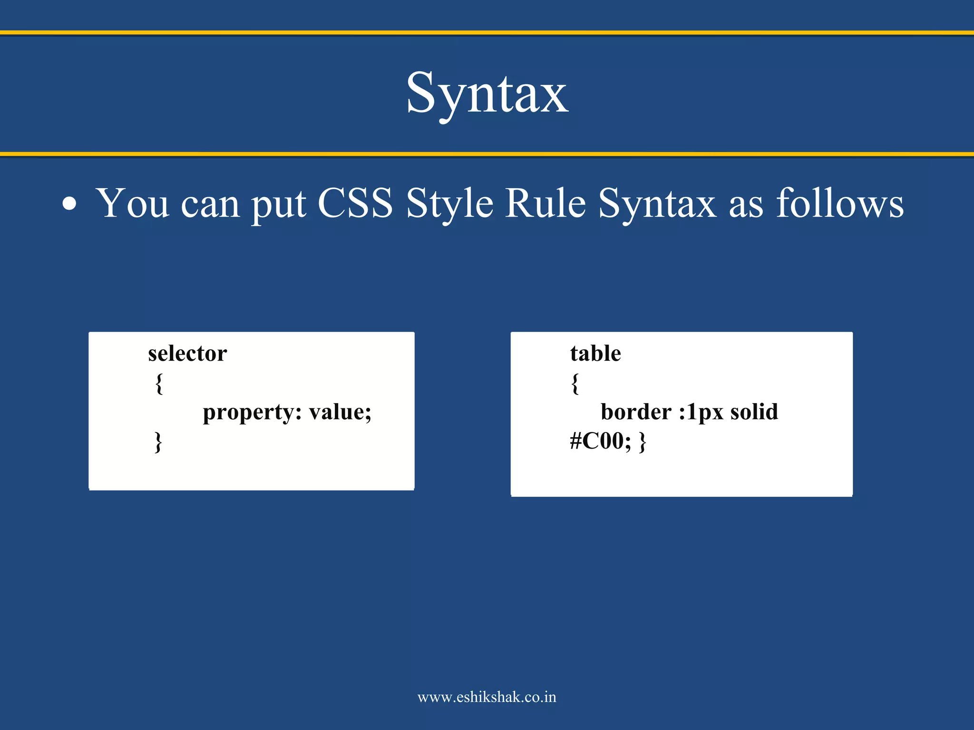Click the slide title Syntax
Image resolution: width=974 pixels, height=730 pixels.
coord(487,94)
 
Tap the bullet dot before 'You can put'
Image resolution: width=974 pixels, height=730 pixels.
coord(69,204)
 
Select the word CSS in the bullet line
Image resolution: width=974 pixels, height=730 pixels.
coord(355,203)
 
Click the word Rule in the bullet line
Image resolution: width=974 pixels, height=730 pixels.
coord(545,203)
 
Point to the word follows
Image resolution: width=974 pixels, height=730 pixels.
coord(839,203)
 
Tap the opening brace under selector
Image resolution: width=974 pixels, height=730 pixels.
coord(159,383)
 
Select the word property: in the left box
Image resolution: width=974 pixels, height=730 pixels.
coord(252,413)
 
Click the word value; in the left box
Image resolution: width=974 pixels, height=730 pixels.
coord(340,412)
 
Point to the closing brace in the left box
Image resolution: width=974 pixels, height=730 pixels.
coord(158,442)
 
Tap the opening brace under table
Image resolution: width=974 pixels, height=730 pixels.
coord(575,383)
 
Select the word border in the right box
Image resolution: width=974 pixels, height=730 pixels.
coord(636,412)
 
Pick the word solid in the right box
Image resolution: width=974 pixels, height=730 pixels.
coord(754,412)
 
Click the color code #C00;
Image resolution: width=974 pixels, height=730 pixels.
coord(600,441)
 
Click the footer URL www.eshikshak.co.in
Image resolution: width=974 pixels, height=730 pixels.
coord(487,697)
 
